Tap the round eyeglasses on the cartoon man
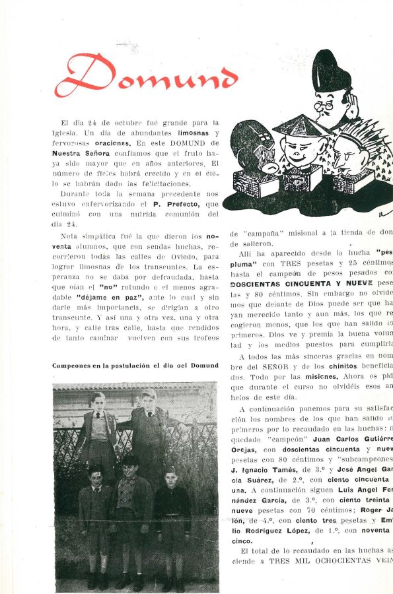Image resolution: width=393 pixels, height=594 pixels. [x=325, y=104]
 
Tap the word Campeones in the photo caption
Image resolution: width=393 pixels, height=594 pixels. [x=73, y=365]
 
